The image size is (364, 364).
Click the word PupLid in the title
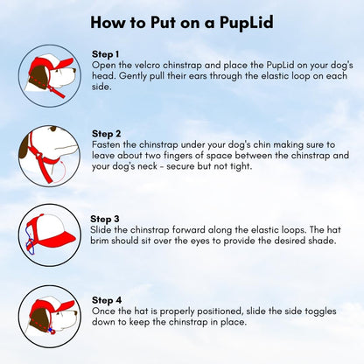pyautogui.click(x=247, y=23)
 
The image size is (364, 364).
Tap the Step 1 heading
pyautogui.click(x=105, y=54)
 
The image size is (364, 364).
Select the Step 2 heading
pyautogui.click(x=106, y=134)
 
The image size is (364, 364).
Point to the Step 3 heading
pyautogui.click(x=105, y=219)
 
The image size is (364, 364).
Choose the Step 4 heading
pyautogui.click(x=107, y=300)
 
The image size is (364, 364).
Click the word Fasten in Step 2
pyautogui.click(x=106, y=144)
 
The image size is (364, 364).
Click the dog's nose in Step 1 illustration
pyautogui.click(x=74, y=70)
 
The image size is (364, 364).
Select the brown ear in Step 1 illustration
pyautogui.click(x=38, y=76)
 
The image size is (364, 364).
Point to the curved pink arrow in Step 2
pyautogui.click(x=62, y=172)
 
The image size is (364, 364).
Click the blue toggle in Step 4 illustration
pyautogui.click(x=51, y=330)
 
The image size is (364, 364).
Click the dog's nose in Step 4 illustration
pyautogui.click(x=75, y=314)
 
